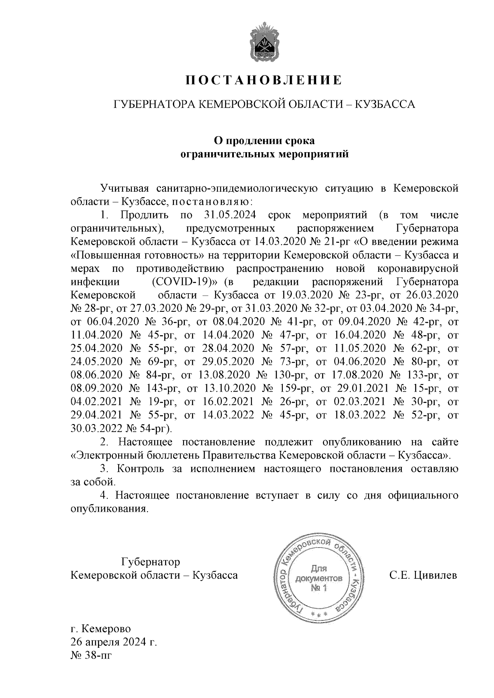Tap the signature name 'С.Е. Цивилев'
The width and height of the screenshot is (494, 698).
coord(423,575)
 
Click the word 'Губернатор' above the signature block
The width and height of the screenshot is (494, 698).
coord(150,561)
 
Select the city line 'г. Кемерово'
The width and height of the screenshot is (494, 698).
coord(101,629)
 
